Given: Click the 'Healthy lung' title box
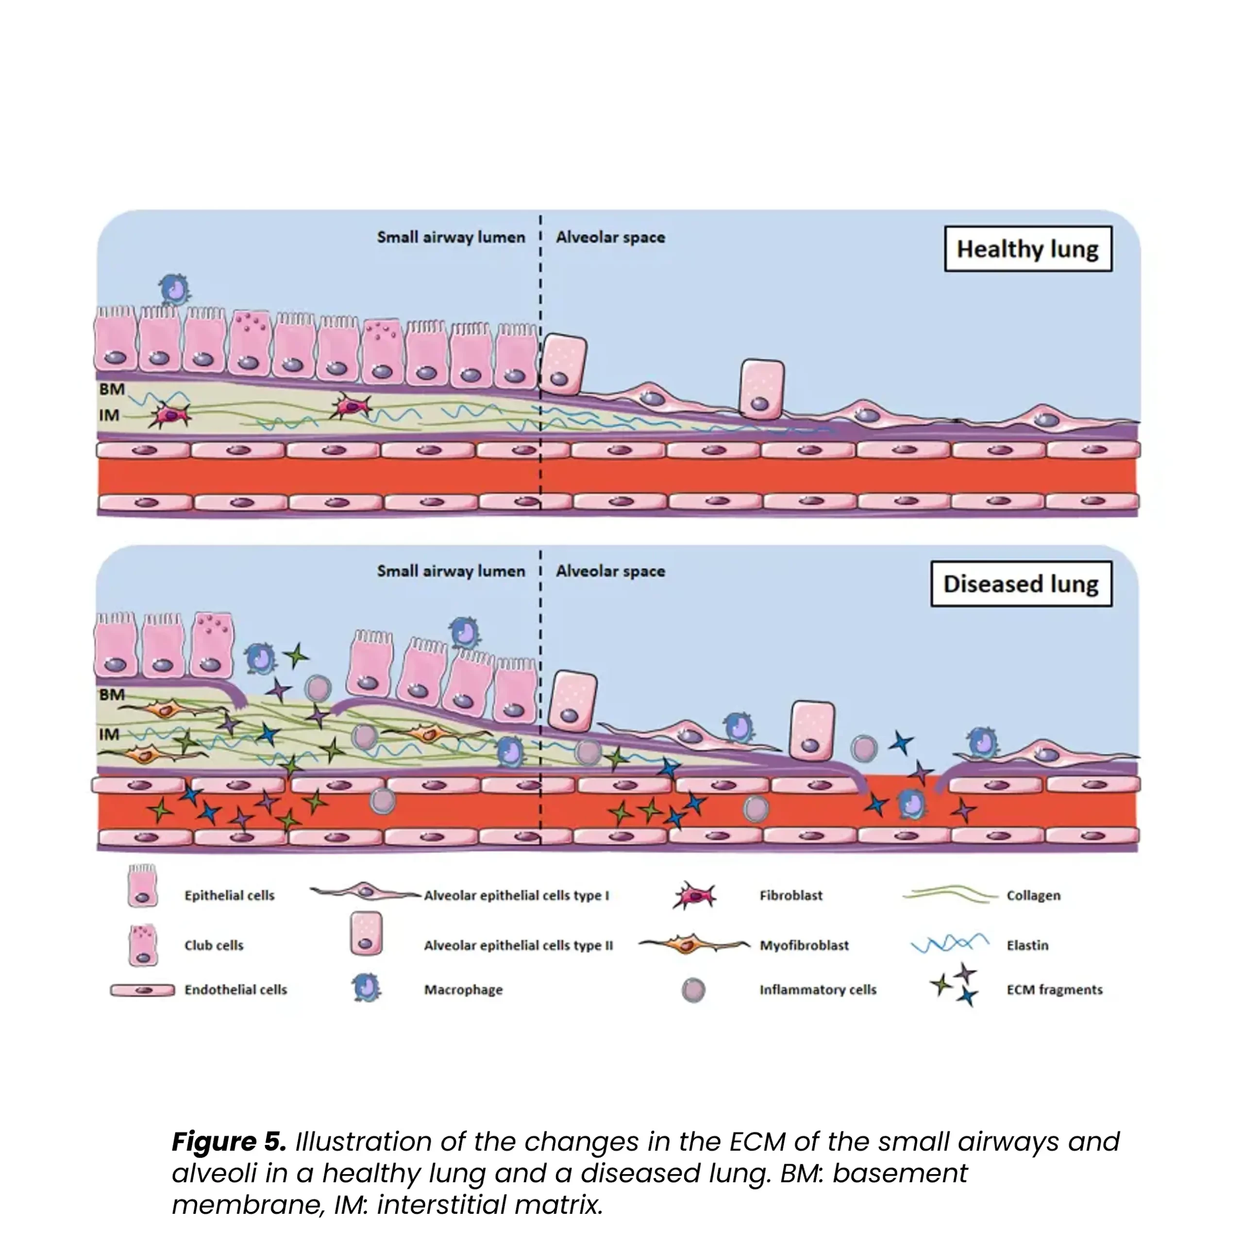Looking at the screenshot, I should click(1027, 249).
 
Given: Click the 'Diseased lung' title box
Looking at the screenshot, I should click(1021, 584).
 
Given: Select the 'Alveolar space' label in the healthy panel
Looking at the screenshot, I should click(610, 237).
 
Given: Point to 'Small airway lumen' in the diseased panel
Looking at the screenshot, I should click(451, 571).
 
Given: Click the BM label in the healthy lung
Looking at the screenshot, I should click(112, 389).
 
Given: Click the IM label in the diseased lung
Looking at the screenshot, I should click(109, 734).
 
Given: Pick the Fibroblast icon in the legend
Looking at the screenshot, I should click(694, 895).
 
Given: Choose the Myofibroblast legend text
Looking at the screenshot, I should click(804, 945).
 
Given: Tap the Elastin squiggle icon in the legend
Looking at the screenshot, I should click(950, 943).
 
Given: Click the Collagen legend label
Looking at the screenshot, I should click(1033, 895).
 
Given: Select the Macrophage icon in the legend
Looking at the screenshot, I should click(367, 988).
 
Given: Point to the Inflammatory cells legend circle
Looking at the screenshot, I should click(693, 990).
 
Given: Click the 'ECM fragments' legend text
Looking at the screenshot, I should click(1054, 990).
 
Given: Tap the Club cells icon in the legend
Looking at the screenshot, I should click(143, 945).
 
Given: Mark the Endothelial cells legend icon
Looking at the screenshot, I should click(142, 990).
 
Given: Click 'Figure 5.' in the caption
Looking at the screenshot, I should click(228, 1142).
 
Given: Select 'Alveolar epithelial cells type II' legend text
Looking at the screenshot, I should click(518, 945).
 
